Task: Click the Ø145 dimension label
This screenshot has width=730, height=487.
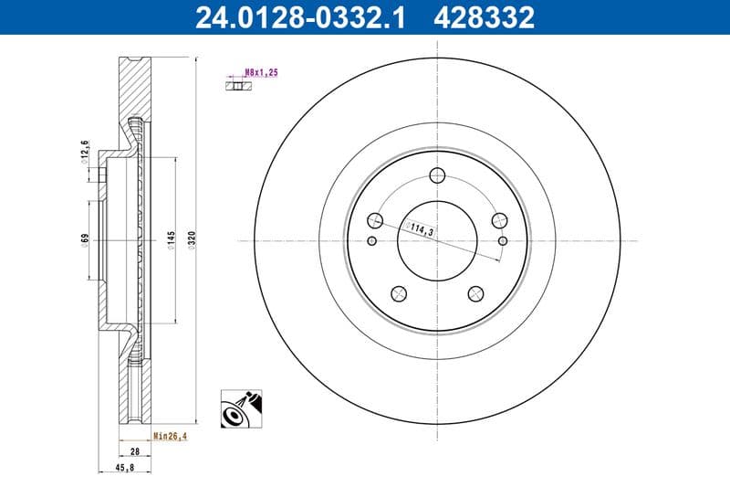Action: coord(170,240)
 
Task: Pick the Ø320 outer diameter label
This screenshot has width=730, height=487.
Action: coord(192,240)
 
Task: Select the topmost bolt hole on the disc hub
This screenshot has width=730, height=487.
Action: coord(436,176)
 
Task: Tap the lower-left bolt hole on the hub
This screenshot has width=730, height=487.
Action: coord(398,293)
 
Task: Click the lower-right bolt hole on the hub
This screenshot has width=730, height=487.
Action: coord(474,293)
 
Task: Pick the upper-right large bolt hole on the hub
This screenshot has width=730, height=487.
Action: coord(498,220)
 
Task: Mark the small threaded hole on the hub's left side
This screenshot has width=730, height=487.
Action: coord(370,241)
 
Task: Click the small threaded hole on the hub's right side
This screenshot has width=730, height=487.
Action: coord(504,241)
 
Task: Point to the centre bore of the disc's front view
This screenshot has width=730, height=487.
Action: coord(436,241)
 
